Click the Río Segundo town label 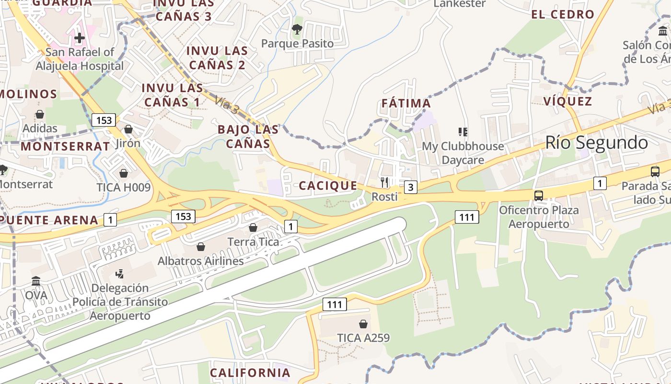click(x=596, y=143)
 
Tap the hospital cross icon click(x=80, y=37)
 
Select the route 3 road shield click(x=410, y=187)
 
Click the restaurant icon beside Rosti click(x=384, y=182)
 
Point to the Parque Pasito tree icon click(x=297, y=29)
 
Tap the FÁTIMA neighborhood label click(x=406, y=103)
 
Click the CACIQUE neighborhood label click(x=328, y=186)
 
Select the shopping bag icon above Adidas click(x=40, y=114)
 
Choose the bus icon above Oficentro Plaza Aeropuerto click(x=539, y=196)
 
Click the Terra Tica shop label click(x=253, y=241)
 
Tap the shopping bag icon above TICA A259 click(x=363, y=324)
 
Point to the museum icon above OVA click(x=36, y=281)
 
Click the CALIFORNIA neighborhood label click(x=250, y=372)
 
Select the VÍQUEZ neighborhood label click(x=568, y=101)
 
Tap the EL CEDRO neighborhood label click(x=563, y=14)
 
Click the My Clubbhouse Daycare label click(x=463, y=153)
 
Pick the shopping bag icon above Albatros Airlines click(x=201, y=247)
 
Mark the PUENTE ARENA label click(x=49, y=220)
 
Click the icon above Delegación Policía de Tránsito click(x=120, y=274)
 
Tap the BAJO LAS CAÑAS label click(x=248, y=136)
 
